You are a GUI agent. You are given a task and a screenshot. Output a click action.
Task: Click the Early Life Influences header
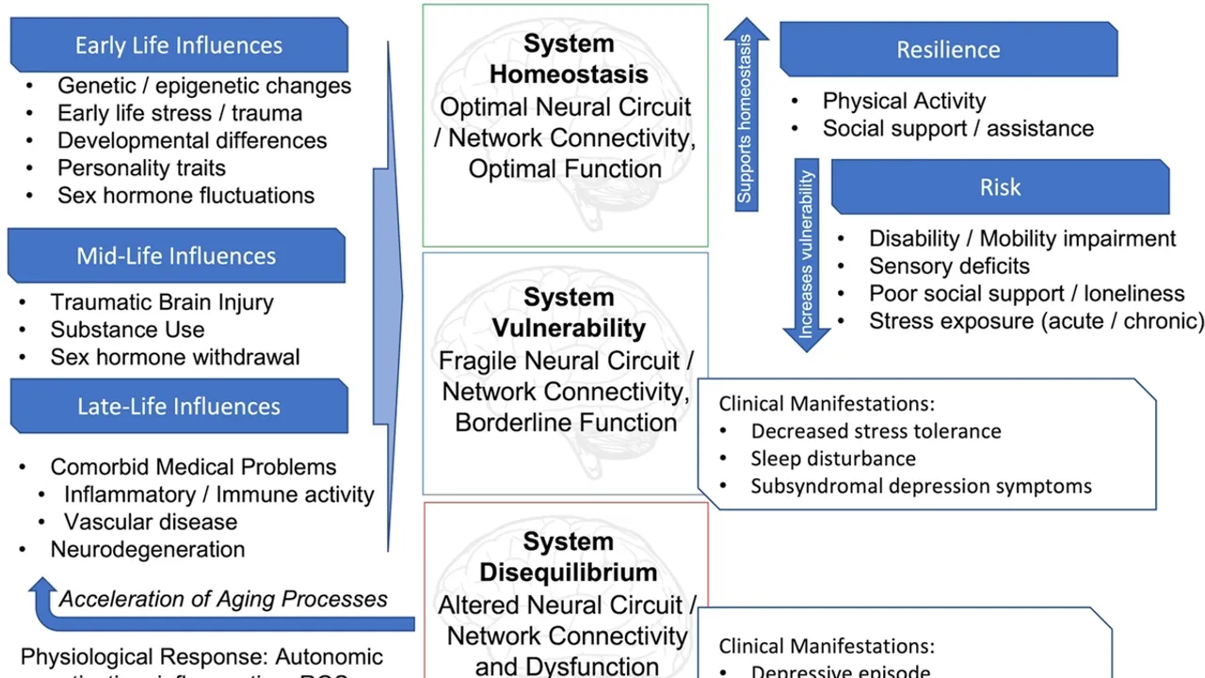click(x=179, y=45)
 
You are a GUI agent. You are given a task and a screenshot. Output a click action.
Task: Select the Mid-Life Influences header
click(x=176, y=255)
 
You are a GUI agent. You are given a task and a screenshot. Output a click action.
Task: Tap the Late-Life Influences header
click(x=179, y=406)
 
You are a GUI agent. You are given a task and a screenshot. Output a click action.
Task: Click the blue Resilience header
click(x=948, y=50)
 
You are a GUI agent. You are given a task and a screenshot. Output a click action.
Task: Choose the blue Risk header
click(x=1000, y=187)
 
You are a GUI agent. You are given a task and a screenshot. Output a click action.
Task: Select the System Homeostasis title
click(x=569, y=58)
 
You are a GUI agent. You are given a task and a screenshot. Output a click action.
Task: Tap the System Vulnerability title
click(x=569, y=313)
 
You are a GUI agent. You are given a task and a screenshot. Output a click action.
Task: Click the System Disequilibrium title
click(x=569, y=557)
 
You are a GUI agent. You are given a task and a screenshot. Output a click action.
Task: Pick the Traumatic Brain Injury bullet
click(x=162, y=302)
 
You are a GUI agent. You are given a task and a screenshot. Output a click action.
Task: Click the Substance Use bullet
click(x=127, y=330)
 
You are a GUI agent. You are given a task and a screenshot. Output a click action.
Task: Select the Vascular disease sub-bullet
click(x=151, y=522)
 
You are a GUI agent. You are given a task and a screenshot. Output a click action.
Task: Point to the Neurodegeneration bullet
click(x=148, y=549)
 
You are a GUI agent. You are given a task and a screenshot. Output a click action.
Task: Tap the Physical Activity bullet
click(x=904, y=101)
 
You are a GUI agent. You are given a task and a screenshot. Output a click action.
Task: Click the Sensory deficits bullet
click(x=949, y=266)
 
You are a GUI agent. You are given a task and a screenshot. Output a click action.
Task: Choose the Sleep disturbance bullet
click(x=833, y=459)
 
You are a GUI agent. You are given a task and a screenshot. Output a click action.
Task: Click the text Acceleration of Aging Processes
click(x=223, y=599)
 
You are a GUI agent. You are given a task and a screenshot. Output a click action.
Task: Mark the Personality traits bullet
click(x=141, y=168)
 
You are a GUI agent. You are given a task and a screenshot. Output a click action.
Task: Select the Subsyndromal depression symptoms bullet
click(x=921, y=486)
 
